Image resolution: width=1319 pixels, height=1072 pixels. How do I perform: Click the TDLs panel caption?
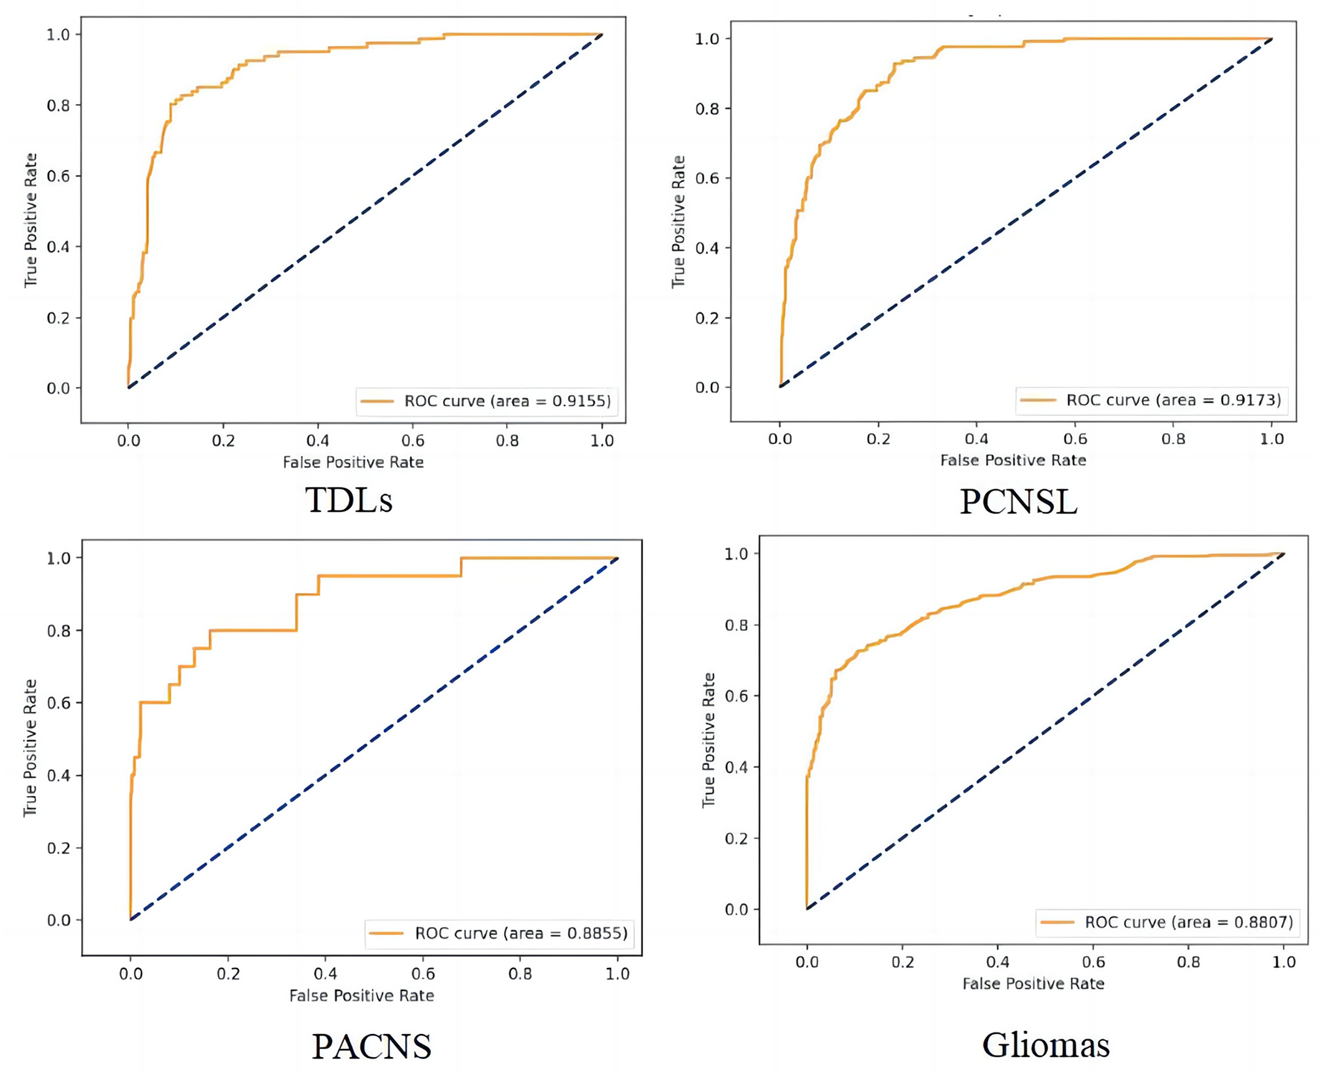click(348, 500)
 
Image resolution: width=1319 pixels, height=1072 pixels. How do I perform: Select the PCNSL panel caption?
click(1018, 502)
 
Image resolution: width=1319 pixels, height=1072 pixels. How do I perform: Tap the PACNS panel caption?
click(371, 1046)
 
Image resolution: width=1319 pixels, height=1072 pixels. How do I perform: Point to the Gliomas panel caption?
click(1046, 1044)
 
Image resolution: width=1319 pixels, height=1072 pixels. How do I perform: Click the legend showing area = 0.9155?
click(487, 401)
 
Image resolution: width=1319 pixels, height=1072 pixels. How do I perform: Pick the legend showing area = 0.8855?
click(500, 933)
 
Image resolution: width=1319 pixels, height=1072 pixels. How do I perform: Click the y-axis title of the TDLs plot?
click(31, 220)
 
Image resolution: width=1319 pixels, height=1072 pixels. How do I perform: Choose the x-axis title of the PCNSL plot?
click(1013, 460)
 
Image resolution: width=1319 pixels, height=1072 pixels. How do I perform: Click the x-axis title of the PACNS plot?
click(362, 995)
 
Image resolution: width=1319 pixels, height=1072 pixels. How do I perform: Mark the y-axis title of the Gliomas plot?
click(709, 740)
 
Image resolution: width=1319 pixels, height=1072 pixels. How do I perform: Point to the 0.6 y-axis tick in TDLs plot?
click(59, 176)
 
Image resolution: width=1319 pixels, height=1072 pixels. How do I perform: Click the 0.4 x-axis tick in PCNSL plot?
click(977, 439)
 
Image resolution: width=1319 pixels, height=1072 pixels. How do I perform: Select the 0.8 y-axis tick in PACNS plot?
click(59, 631)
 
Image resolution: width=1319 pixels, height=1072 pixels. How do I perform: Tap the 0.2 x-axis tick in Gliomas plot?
click(902, 962)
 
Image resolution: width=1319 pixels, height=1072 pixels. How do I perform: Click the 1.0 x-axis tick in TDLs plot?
click(602, 441)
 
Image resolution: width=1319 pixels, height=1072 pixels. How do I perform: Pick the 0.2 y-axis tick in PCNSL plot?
click(708, 318)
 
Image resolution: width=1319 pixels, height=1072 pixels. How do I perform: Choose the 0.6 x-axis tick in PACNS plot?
click(423, 974)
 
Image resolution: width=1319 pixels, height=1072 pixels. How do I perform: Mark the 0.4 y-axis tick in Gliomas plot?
click(737, 767)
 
